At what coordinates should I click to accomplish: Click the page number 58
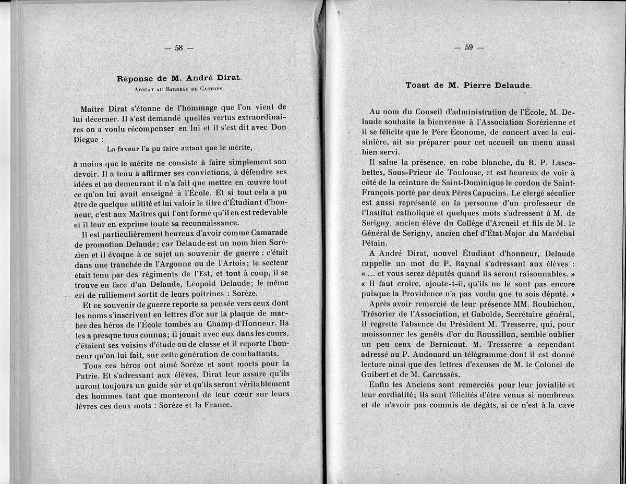pos(178,48)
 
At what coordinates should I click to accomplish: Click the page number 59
pos(468,47)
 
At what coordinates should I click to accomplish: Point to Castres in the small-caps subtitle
pos(212,89)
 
